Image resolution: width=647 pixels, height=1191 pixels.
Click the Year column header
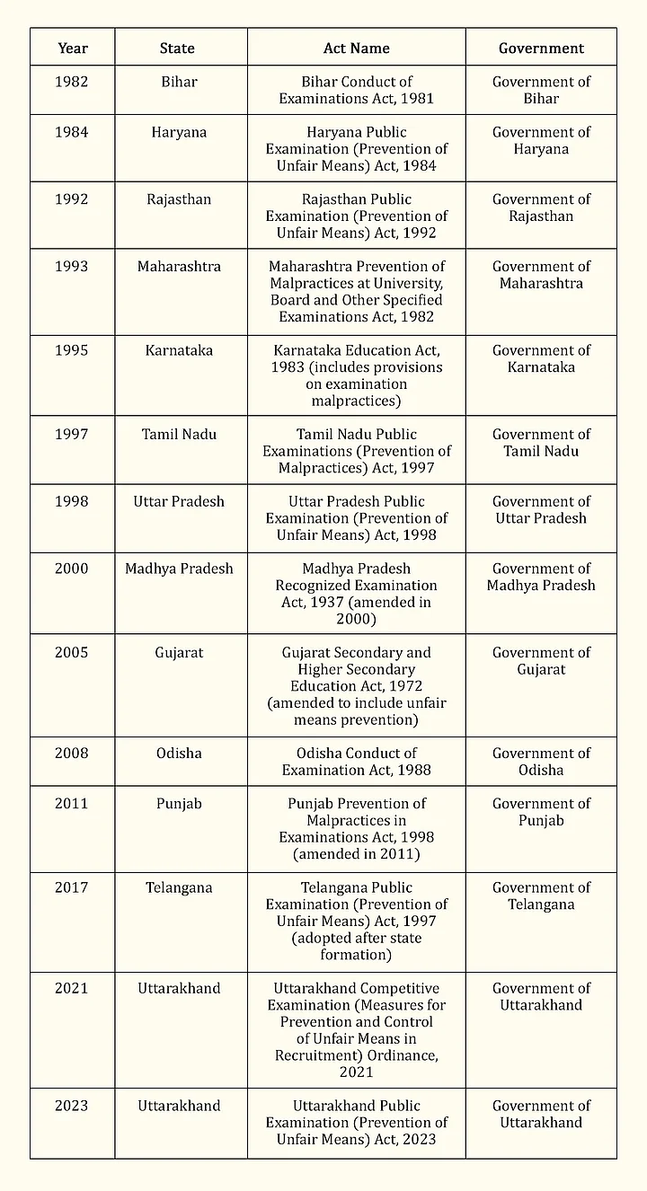pyautogui.click(x=72, y=48)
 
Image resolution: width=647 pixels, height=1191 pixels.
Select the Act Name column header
pyautogui.click(x=356, y=48)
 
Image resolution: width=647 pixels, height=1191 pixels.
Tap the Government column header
pyautogui.click(x=541, y=48)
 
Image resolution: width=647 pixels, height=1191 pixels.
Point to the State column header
pyautogui.click(x=177, y=48)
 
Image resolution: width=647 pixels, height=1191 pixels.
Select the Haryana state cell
pyautogui.click(x=179, y=132)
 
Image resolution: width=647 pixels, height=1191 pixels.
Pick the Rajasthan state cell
pyautogui.click(x=179, y=199)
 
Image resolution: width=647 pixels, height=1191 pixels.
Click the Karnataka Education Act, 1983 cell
pyautogui.click(x=357, y=375)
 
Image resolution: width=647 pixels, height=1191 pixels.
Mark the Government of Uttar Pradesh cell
pyautogui.click(x=541, y=510)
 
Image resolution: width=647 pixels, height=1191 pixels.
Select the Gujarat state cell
pyautogui.click(x=179, y=653)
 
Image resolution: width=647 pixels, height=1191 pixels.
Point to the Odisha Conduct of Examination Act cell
pyautogui.click(x=357, y=762)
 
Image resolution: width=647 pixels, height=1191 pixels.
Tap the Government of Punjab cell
pyautogui.click(x=541, y=812)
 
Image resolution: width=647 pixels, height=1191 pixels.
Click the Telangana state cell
pyautogui.click(x=179, y=888)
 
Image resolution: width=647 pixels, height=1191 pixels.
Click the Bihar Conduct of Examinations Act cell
pyautogui.click(x=357, y=90)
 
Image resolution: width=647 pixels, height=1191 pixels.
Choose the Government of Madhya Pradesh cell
pyautogui.click(x=541, y=577)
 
